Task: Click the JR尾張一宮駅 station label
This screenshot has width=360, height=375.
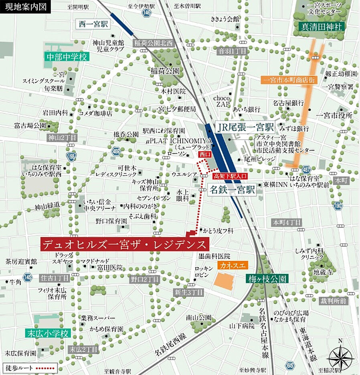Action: [x=245, y=127]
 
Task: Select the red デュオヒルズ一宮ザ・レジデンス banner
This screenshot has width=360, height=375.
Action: [x=125, y=244]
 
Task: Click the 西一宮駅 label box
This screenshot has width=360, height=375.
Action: [x=93, y=24]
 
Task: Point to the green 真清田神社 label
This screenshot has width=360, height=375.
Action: [x=321, y=27]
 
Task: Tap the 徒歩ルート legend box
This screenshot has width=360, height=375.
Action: [x=29, y=367]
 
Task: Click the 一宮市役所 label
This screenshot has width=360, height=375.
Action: [x=334, y=115]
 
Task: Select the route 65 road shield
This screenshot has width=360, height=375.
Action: [x=290, y=365]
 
